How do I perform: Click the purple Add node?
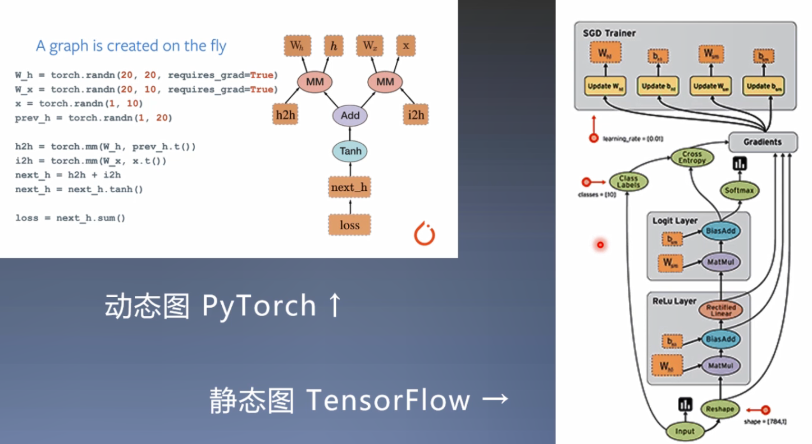[350, 115]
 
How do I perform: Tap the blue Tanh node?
[350, 151]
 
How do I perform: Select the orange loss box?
[349, 225]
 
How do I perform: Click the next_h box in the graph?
[349, 187]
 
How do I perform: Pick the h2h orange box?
[285, 115]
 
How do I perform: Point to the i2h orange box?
[416, 115]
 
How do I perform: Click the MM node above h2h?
[315, 82]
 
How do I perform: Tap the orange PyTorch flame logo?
[424, 234]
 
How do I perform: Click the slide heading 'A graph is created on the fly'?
[131, 46]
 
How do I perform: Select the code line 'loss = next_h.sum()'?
[70, 218]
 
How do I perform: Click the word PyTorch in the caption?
[259, 306]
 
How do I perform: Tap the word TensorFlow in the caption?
[388, 400]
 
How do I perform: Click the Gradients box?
[763, 142]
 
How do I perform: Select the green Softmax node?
[739, 190]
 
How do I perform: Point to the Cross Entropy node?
[692, 157]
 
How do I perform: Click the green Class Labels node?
[628, 182]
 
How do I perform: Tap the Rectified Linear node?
[721, 310]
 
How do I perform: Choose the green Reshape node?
[720, 409]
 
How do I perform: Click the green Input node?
[684, 431]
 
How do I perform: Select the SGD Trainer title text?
[609, 33]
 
